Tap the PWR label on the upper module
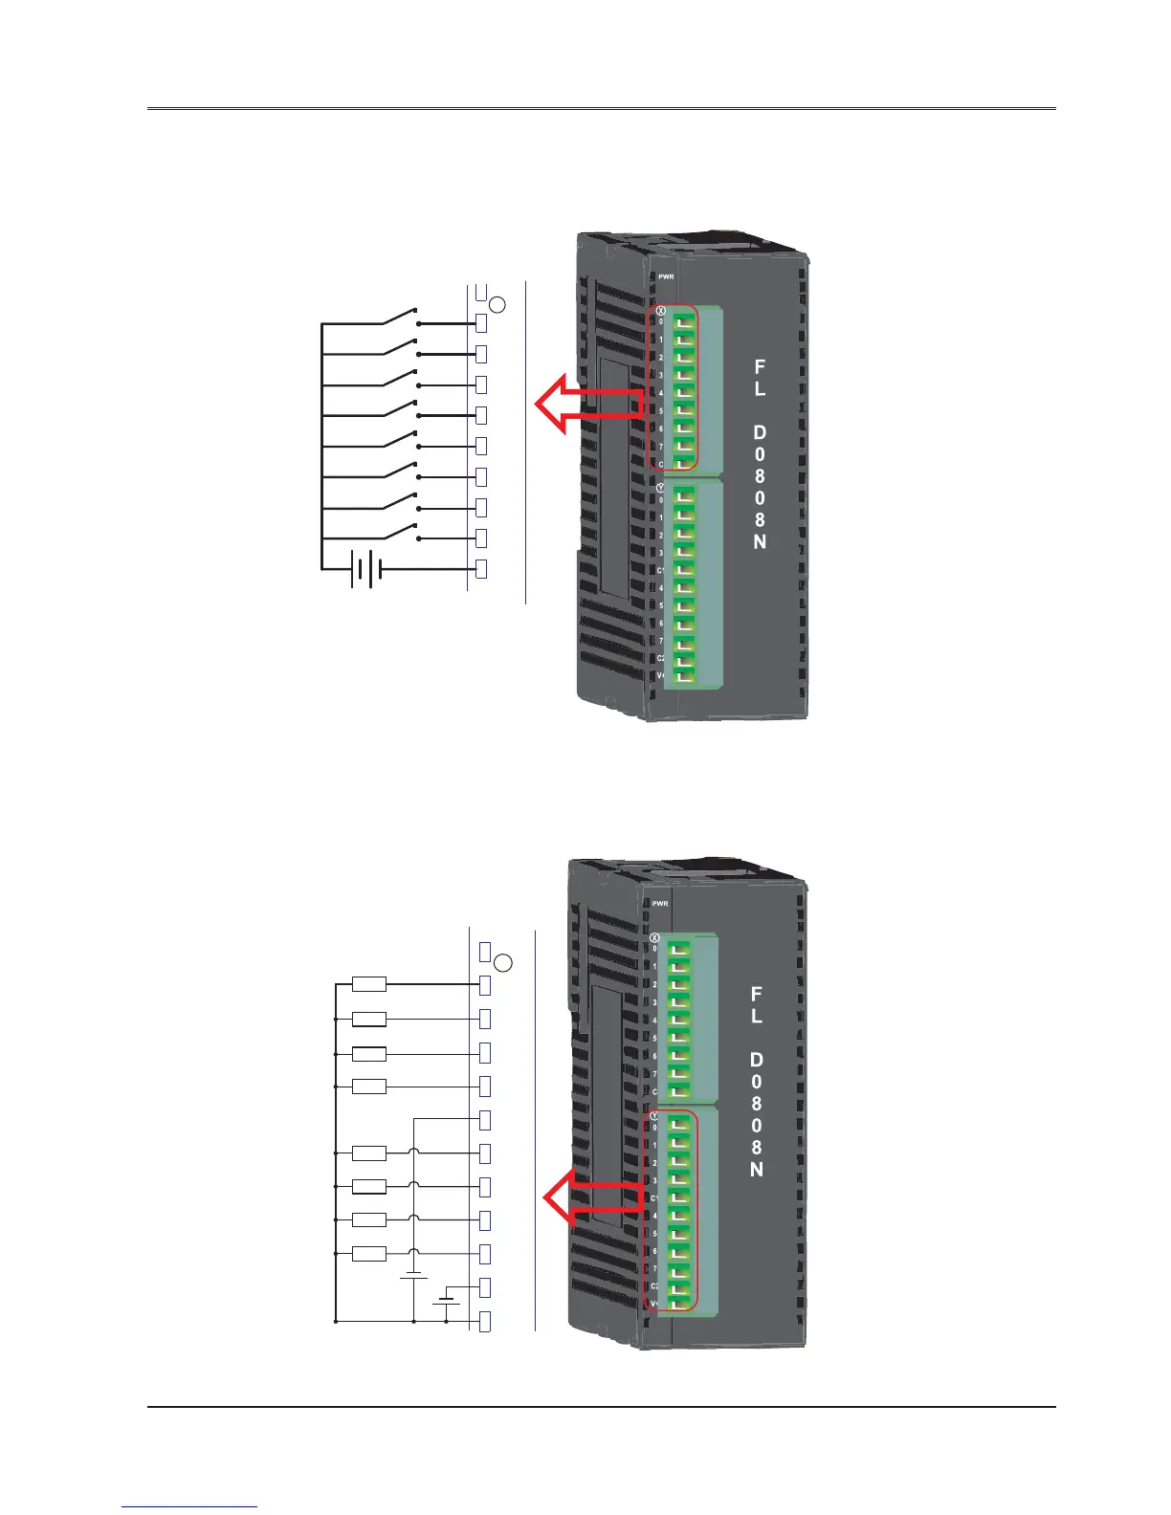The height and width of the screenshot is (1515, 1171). click(x=666, y=276)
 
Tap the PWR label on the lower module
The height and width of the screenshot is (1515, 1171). click(x=660, y=903)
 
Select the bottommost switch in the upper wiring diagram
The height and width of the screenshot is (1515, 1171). click(x=400, y=532)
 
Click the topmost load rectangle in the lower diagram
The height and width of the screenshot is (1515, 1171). click(x=369, y=984)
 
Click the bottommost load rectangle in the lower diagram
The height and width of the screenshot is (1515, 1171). click(x=369, y=1253)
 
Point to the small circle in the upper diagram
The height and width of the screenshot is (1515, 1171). click(x=498, y=305)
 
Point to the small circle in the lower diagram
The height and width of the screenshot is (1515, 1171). click(x=507, y=962)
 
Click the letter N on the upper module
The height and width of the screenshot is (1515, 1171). click(x=760, y=541)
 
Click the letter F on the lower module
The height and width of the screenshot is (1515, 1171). click(x=757, y=995)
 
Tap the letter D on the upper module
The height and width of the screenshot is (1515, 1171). click(x=760, y=433)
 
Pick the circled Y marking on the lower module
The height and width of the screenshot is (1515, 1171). click(x=654, y=1116)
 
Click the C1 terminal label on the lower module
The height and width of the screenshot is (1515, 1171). click(x=655, y=1197)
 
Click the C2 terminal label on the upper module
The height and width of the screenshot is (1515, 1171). click(x=660, y=658)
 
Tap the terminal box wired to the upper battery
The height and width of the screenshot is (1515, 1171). click(x=482, y=568)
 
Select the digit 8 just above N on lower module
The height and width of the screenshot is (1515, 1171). click(x=757, y=1147)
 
